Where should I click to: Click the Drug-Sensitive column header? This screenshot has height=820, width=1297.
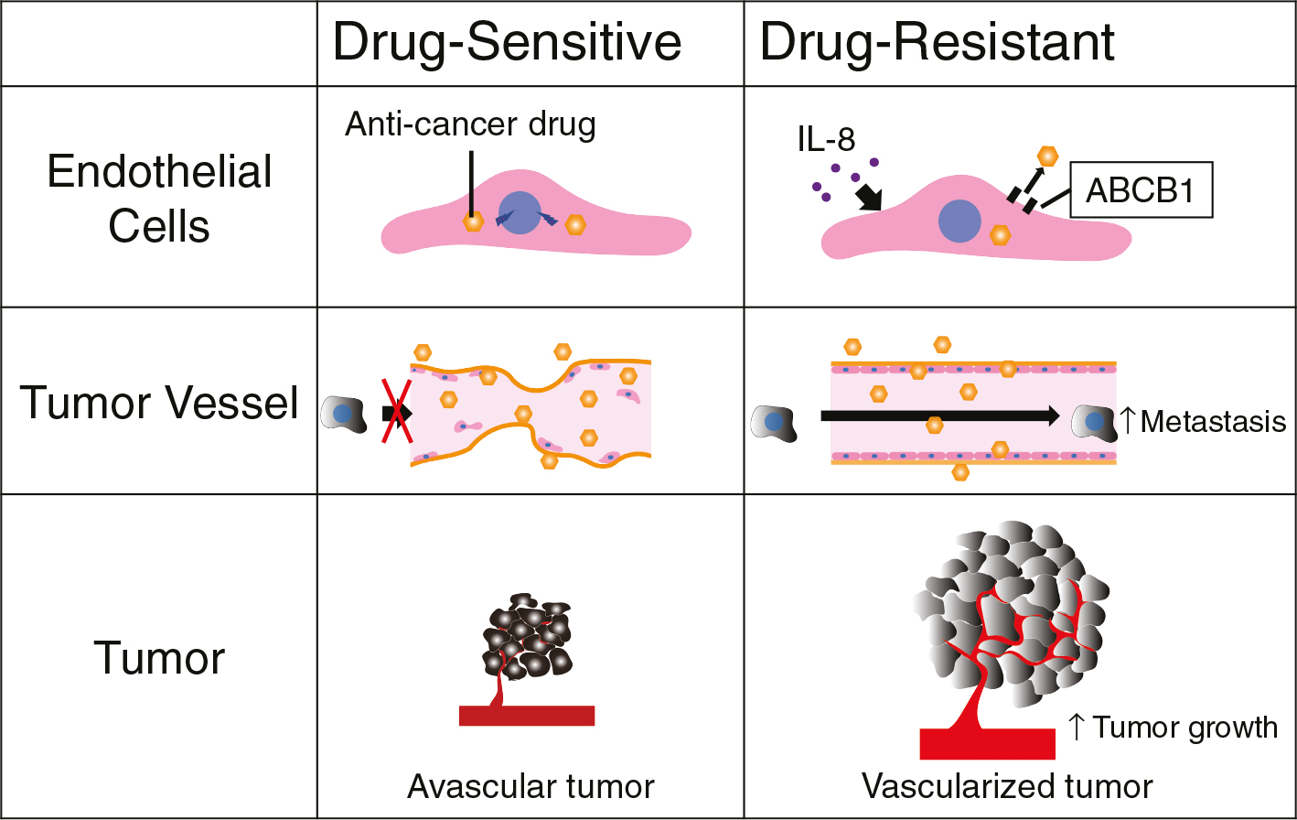(507, 42)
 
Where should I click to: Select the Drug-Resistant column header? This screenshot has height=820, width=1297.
(937, 42)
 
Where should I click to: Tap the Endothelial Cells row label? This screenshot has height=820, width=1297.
(159, 199)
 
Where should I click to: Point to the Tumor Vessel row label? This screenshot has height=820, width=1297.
(159, 403)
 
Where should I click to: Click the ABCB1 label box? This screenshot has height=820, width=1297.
(1140, 191)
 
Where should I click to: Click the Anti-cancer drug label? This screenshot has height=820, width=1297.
(470, 124)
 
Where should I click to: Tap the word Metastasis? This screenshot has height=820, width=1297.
(1214, 422)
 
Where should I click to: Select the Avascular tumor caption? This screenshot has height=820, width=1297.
(531, 786)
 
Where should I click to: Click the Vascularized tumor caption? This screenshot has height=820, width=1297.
(1007, 786)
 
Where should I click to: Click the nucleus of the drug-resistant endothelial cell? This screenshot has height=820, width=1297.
(959, 221)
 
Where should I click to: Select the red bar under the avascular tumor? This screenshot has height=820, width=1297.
(527, 716)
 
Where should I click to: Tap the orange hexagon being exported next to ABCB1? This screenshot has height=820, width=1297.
(1047, 156)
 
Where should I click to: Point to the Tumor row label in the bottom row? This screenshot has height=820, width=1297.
(159, 658)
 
